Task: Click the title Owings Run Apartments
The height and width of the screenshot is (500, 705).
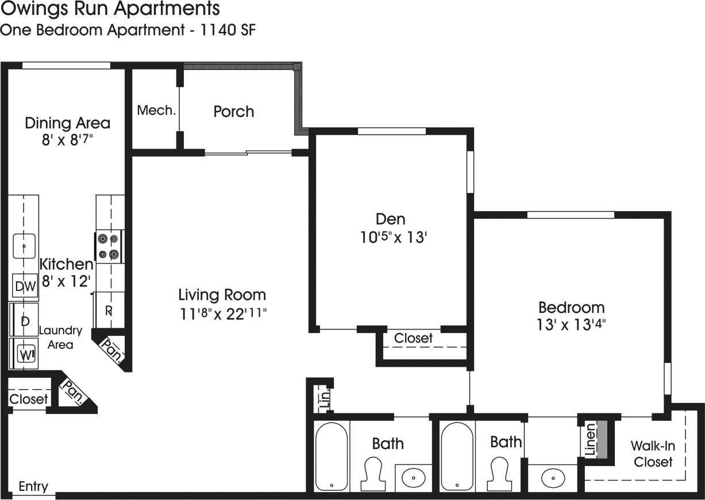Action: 109,9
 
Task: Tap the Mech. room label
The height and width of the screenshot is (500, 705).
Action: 156,110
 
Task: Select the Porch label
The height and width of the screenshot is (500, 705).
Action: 233,111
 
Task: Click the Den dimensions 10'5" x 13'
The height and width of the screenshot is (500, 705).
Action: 390,237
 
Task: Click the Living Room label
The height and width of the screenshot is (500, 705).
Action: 222,295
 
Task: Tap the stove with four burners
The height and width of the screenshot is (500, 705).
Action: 109,246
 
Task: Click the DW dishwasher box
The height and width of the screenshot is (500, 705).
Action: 25,286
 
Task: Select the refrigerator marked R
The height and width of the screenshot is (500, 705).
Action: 109,310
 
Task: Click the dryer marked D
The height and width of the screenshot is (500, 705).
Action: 25,321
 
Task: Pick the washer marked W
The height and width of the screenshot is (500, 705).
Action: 25,354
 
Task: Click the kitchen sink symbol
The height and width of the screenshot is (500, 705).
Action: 24,246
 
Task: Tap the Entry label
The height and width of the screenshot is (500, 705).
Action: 33,487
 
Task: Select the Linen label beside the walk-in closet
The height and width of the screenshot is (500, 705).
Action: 590,440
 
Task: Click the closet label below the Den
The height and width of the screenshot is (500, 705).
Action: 413,338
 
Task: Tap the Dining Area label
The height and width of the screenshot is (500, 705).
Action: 67,123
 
